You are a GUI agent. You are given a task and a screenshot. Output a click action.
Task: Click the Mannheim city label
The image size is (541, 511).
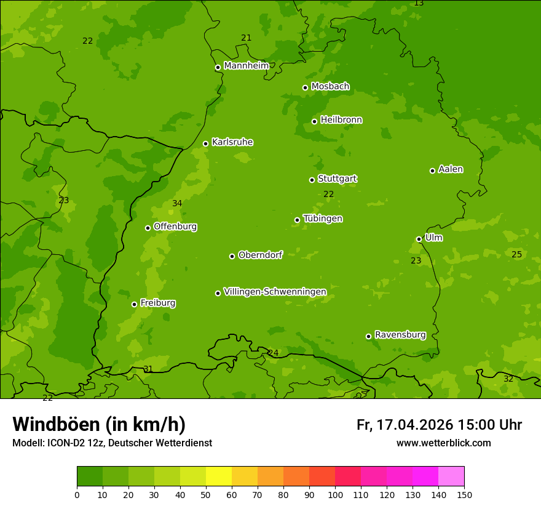(246, 66)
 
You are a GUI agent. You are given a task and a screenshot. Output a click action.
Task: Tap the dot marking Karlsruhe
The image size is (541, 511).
(205, 144)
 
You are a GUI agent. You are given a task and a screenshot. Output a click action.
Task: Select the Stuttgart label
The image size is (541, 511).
(337, 179)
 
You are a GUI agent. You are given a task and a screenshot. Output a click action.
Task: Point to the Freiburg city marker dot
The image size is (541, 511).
(134, 304)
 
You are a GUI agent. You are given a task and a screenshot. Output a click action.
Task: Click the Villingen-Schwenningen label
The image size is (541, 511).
(275, 292)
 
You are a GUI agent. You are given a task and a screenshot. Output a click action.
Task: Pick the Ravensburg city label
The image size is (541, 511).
(400, 335)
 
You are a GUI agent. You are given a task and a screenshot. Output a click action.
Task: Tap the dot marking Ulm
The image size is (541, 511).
(419, 239)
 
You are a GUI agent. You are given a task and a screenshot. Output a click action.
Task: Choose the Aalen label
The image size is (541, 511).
(451, 169)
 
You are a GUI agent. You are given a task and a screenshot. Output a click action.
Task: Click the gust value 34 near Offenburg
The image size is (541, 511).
(177, 204)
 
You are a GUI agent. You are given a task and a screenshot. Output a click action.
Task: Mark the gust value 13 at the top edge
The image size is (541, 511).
(419, 4)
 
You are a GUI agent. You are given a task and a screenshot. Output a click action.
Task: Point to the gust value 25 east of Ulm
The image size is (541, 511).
(517, 255)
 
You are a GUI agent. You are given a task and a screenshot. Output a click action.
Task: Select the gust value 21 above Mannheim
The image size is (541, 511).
(246, 38)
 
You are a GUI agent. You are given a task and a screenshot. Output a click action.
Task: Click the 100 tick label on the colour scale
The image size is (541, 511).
(335, 494)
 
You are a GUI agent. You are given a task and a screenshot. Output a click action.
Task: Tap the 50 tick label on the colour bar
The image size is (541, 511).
(206, 494)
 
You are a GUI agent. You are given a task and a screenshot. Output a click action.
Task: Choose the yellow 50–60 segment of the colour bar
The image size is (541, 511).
(219, 477)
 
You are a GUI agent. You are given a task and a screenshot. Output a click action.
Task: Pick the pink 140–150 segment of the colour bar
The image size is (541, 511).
(451, 477)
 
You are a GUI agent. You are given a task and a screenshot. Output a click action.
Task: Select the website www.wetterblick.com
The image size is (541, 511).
(443, 443)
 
